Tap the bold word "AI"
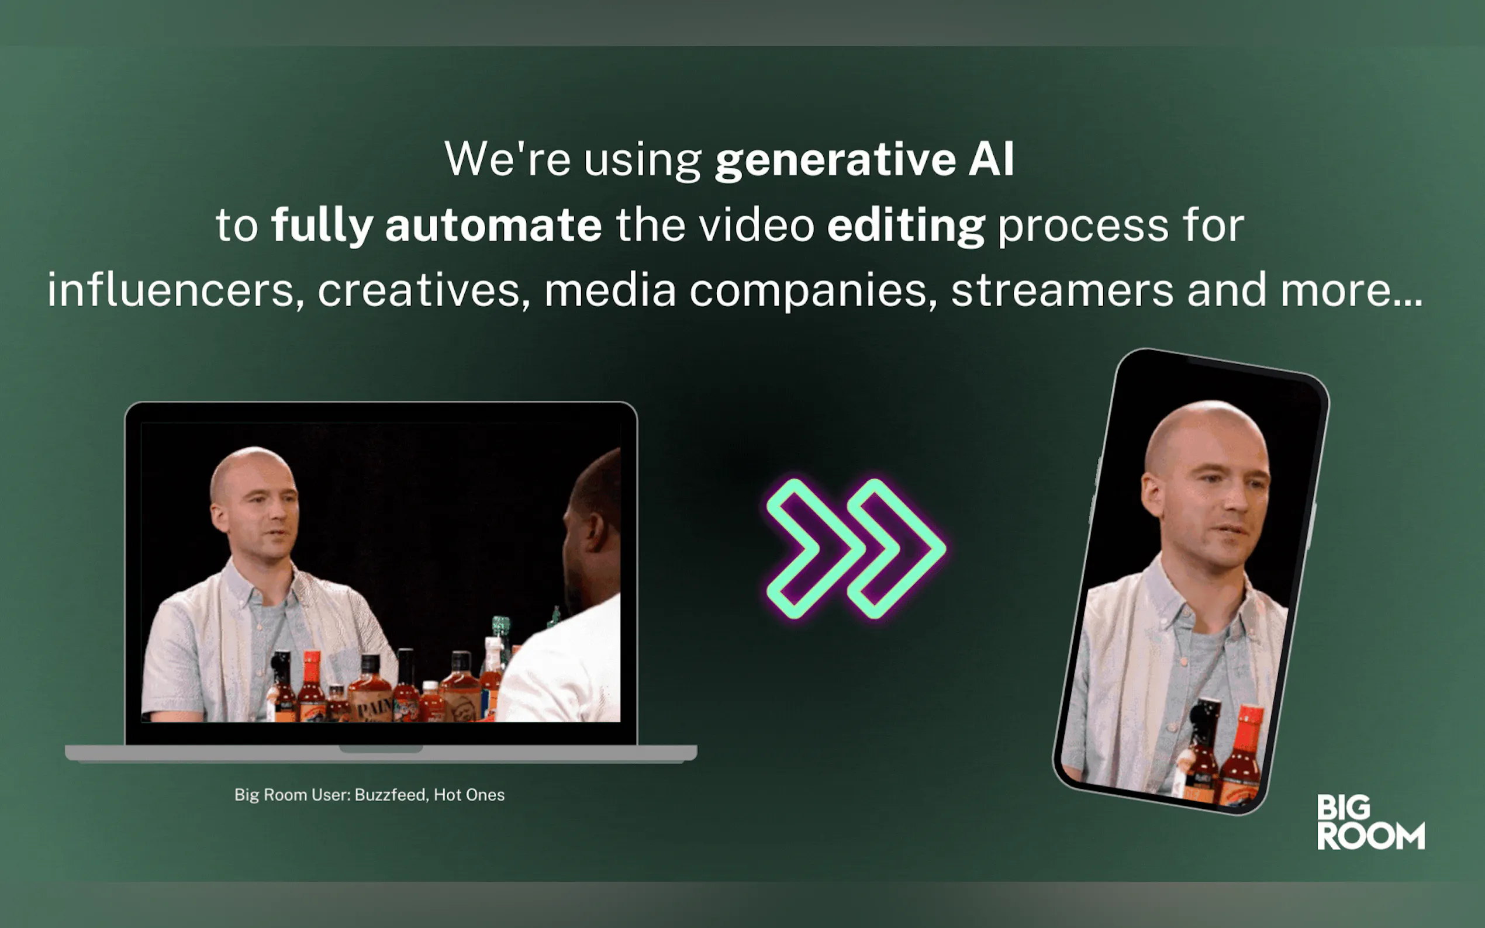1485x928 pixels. tap(992, 159)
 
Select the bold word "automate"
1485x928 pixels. tap(493, 225)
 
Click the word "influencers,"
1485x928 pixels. tap(176, 290)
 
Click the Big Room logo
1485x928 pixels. tap(1370, 822)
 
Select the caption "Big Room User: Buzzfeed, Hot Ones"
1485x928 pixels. tap(369, 795)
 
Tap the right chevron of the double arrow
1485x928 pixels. tap(897, 548)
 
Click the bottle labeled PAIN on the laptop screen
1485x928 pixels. tap(370, 691)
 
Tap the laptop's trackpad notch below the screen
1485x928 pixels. tap(381, 749)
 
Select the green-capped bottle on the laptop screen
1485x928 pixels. tap(501, 638)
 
